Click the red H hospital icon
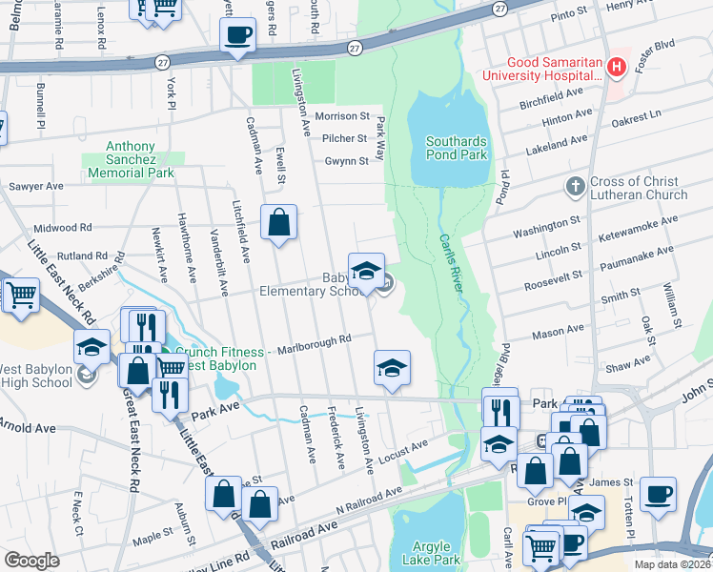[x=616, y=67]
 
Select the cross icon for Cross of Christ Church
[x=574, y=188]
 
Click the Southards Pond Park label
[x=456, y=148]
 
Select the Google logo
[x=31, y=561]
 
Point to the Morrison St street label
[x=341, y=116]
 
